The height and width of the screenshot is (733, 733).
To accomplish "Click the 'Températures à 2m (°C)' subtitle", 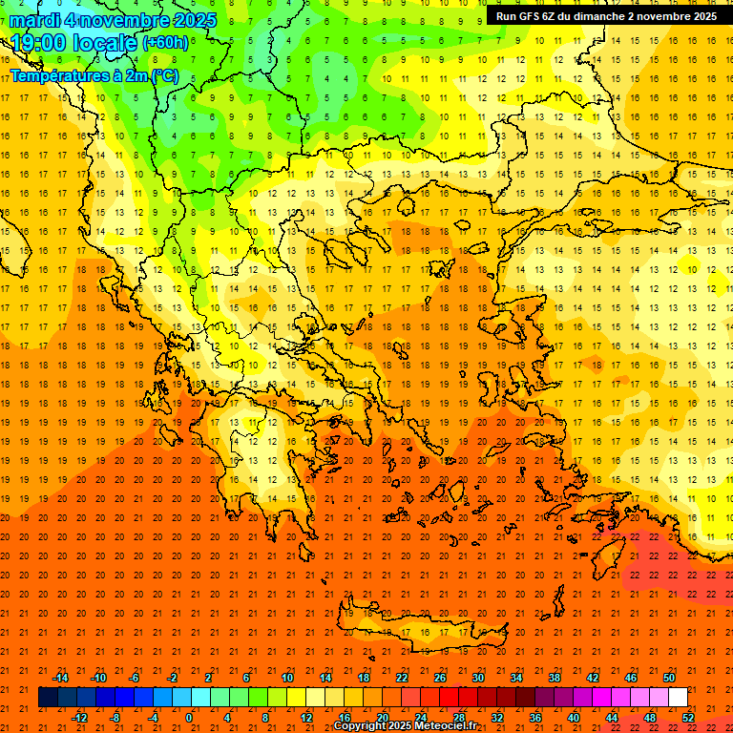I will coord(94,75).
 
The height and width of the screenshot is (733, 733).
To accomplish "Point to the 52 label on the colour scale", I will coord(688,717).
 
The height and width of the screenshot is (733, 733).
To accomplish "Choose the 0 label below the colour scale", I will coord(189,717).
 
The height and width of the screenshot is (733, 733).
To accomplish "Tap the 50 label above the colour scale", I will coord(669,678).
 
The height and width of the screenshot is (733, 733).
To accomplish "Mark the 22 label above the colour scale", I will coord(402,678).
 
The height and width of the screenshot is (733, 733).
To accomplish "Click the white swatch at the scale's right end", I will coord(679,698).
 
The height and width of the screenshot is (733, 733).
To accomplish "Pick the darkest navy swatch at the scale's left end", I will coord(48,698).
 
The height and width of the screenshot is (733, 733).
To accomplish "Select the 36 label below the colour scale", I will coord(534,717).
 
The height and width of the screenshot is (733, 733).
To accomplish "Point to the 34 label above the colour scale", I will coord(516,678).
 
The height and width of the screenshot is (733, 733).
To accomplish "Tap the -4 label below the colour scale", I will coord(152,717).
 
